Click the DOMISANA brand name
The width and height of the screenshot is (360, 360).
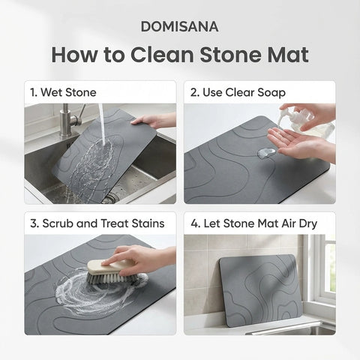179,26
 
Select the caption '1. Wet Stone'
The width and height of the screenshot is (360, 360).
63,93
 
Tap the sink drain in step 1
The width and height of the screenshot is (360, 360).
110,197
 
